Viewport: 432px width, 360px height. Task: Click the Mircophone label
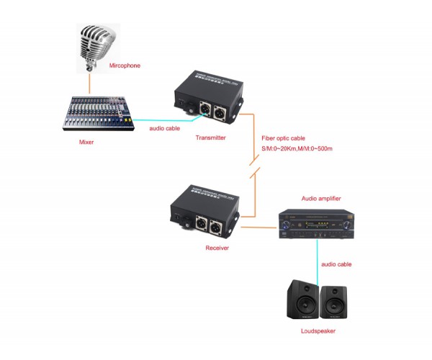[125, 66]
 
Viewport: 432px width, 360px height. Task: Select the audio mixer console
[98, 114]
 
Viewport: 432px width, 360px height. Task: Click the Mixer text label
[86, 142]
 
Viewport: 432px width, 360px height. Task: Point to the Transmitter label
[211, 137]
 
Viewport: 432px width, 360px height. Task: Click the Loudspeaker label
[318, 331]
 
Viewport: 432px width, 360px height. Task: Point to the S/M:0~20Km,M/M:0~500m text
[297, 148]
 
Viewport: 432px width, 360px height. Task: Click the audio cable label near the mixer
[164, 127]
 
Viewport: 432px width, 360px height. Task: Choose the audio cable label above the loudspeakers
[337, 264]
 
